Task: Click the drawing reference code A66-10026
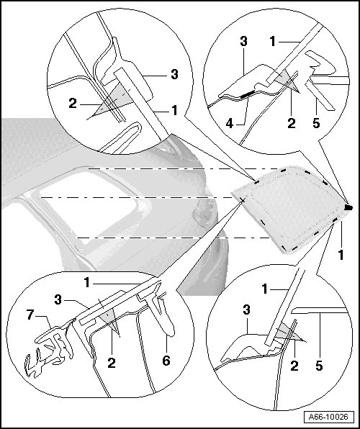click(x=328, y=417)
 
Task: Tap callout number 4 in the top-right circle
click(x=230, y=124)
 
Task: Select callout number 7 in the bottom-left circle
click(x=30, y=315)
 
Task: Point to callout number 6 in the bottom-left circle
click(x=166, y=361)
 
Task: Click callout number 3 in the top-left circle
click(x=174, y=74)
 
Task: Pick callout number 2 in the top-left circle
click(x=73, y=104)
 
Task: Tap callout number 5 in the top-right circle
click(x=316, y=123)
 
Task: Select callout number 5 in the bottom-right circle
click(x=319, y=366)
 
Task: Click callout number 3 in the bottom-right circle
click(x=246, y=310)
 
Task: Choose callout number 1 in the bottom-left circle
click(x=87, y=283)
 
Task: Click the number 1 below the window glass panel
click(x=341, y=255)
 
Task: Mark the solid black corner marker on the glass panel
click(x=348, y=207)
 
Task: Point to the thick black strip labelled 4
click(x=248, y=94)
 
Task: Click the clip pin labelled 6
click(x=161, y=316)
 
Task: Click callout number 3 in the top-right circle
click(x=243, y=42)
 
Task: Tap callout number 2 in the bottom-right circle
click(x=294, y=366)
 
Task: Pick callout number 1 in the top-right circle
click(x=272, y=42)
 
